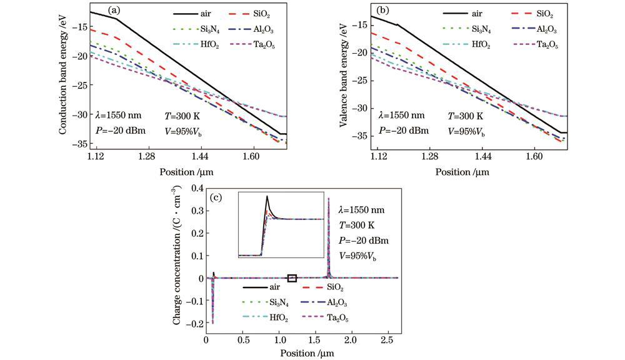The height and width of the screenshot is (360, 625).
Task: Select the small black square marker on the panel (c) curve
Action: point(291,278)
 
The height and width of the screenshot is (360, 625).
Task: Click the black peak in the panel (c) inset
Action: point(267,197)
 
